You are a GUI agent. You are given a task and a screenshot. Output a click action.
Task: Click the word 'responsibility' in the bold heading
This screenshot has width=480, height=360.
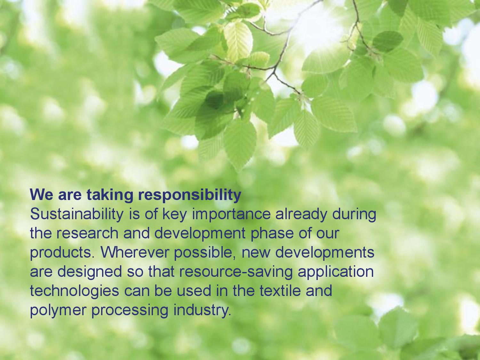pyautogui.click(x=189, y=195)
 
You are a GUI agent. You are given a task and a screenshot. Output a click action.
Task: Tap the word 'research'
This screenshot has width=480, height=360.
pyautogui.click(x=87, y=234)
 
